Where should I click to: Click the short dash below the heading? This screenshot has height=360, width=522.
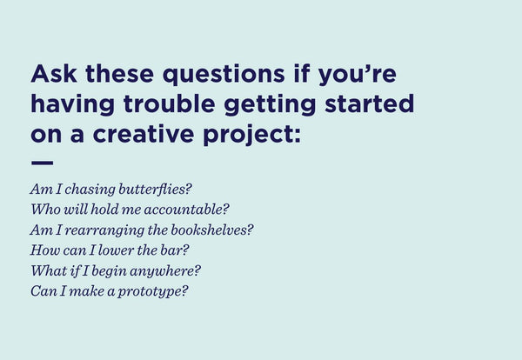[42, 163]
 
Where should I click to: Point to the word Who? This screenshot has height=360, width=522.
[44, 210]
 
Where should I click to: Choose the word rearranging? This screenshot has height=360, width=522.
[109, 230]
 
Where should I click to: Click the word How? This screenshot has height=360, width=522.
[43, 250]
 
